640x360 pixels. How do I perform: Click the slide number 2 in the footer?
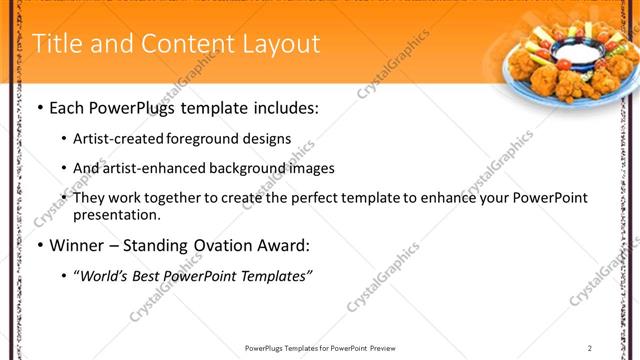[590, 348]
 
